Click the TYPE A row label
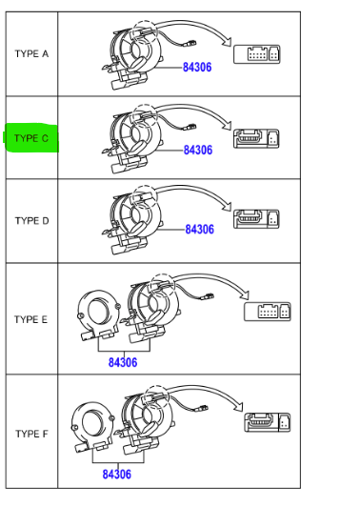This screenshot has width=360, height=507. (x=31, y=53)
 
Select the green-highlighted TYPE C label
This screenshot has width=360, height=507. (x=31, y=138)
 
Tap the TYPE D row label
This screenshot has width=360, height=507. (x=32, y=221)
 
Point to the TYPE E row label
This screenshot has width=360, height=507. (x=31, y=319)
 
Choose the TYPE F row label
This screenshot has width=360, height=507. (x=31, y=434)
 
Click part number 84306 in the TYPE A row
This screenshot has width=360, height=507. (x=197, y=68)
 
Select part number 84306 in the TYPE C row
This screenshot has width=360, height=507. (x=198, y=150)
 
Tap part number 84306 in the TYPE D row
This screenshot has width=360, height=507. (x=200, y=230)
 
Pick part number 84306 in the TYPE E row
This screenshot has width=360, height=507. (x=123, y=362)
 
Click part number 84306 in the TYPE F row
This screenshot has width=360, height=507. (x=117, y=475)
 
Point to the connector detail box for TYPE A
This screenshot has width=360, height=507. (x=257, y=54)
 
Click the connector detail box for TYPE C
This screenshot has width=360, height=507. (x=256, y=139)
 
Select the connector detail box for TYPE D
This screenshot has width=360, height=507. (x=256, y=219)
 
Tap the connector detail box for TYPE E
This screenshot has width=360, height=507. (x=268, y=312)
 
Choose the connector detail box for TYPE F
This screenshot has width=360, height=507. (x=268, y=422)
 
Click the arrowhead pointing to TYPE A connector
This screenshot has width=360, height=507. (x=228, y=40)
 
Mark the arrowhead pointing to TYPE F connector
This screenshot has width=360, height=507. (x=238, y=406)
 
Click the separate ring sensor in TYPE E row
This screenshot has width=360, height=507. (x=98, y=315)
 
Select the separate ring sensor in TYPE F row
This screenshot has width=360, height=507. (x=92, y=427)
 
